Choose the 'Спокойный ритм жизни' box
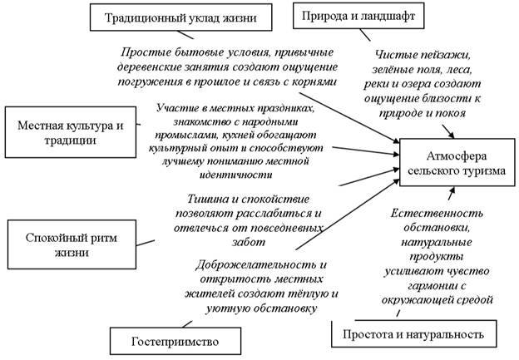click(64, 237)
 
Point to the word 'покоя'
click(448, 113)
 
